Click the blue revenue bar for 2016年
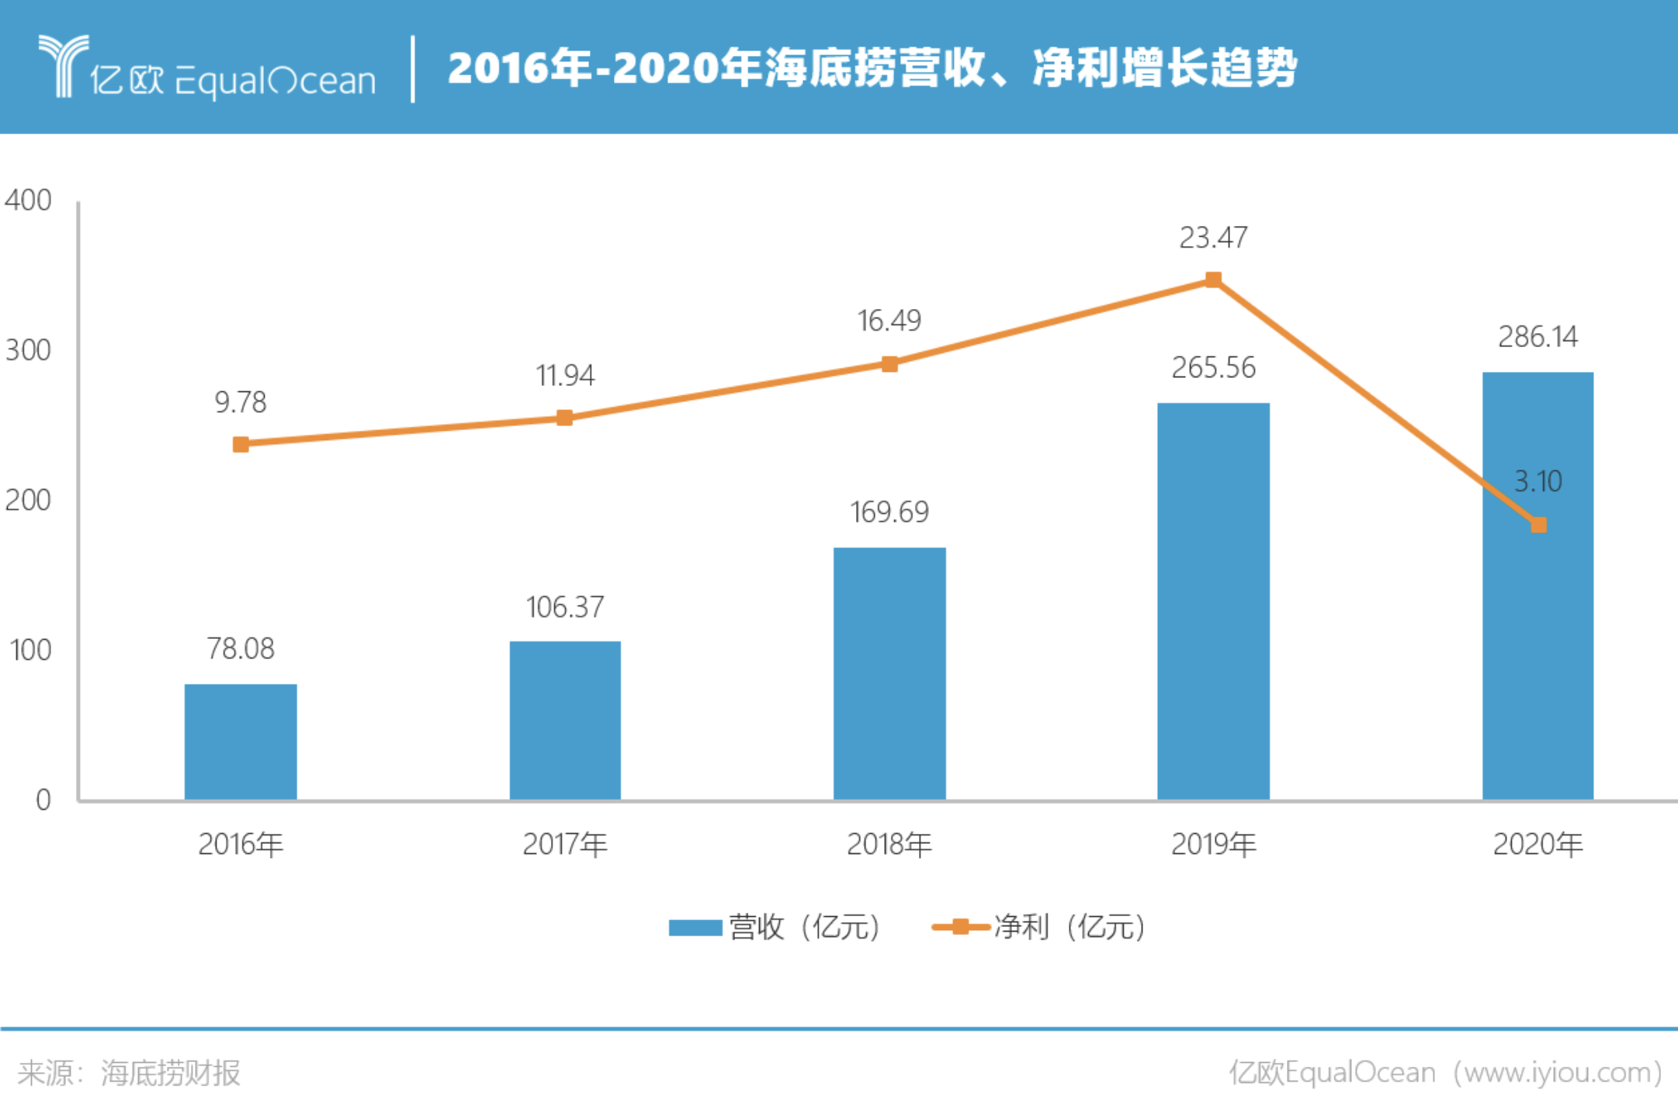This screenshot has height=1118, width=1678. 241,741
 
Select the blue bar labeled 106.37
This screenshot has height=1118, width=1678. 565,720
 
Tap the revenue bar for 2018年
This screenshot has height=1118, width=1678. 889,673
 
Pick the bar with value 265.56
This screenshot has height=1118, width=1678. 1213,601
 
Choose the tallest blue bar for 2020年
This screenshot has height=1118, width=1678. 1538,585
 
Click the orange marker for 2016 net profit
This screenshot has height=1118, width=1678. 241,444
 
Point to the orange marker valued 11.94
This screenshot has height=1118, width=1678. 565,418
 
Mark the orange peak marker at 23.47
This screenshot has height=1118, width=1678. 1213,279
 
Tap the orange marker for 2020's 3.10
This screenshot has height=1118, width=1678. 1538,525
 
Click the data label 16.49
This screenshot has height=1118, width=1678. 889,321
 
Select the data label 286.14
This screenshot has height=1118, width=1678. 1538,337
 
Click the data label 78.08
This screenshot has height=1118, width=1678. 241,649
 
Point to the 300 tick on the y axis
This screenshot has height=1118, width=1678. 28,350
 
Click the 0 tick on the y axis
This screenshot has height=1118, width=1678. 43,800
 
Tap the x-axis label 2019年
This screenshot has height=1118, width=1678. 1213,845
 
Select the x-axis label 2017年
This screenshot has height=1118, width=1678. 565,845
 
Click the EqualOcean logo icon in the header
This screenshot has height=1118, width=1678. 64,66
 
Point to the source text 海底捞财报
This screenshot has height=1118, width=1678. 171,1073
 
